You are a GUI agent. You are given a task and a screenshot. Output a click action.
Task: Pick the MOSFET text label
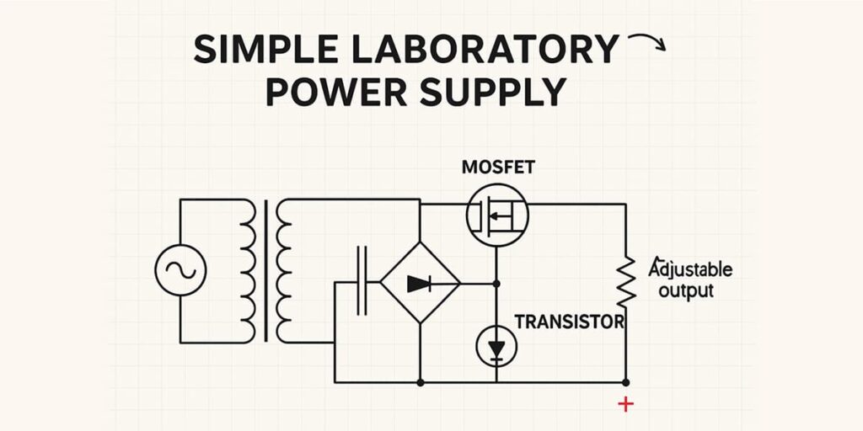click(498, 167)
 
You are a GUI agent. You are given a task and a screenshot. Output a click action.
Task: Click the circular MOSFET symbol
click(497, 215)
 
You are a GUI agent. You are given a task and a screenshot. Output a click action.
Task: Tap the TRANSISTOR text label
click(569, 321)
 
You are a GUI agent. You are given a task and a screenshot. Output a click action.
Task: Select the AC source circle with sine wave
click(180, 270)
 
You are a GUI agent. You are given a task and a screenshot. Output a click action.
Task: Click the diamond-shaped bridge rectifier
click(420, 284)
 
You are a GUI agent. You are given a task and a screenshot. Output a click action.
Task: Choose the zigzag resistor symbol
click(625, 283)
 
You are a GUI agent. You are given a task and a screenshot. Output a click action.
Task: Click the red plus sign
click(625, 405)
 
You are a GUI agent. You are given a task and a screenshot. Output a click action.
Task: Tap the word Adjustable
click(689, 270)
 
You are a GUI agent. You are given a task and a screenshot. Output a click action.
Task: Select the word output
click(685, 291)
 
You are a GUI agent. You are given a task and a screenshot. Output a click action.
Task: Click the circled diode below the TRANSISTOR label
click(496, 346)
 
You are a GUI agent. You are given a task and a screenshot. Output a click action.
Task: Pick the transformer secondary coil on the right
click(285, 269)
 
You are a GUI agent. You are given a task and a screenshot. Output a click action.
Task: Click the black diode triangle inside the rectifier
click(419, 284)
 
